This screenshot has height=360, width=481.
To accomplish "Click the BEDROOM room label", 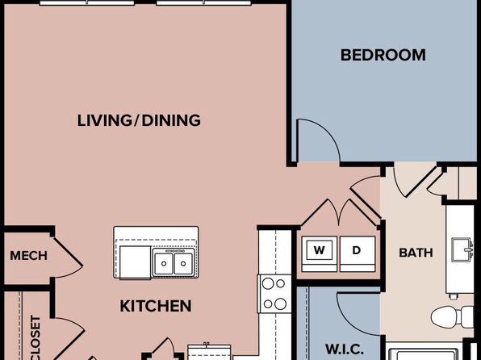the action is (383, 55).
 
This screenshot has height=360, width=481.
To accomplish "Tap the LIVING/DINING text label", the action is (139, 120).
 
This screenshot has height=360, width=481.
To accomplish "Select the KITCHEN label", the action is (156, 306).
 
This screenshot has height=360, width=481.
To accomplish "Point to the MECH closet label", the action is (28, 256).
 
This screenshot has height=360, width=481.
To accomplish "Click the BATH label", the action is (416, 253).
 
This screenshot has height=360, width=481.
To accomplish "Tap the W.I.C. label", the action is (344, 350).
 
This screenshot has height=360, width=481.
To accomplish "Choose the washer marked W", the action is (320, 253).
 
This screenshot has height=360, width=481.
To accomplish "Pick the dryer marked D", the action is (358, 253).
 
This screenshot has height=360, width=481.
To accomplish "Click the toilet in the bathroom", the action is (452, 316).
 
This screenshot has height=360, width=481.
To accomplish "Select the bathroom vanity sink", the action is (462, 250).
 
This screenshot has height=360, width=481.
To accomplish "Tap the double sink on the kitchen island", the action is (174, 263).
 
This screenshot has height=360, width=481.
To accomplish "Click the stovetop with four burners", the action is (274, 294).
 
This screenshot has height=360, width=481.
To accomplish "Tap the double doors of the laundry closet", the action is (339, 211).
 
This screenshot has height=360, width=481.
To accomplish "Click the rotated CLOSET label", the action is (36, 337).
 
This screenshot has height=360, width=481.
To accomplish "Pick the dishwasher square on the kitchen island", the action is (136, 262).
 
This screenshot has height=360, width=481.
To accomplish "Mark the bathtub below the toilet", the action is (424, 352).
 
